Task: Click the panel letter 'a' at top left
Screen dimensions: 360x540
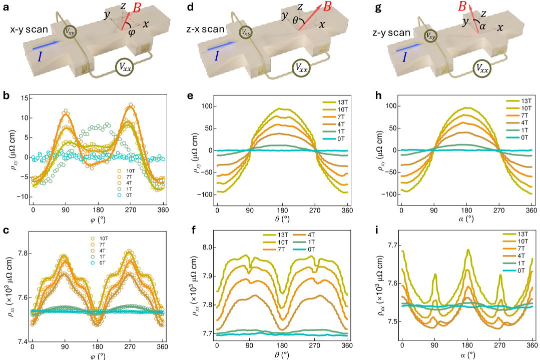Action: tap(6, 6)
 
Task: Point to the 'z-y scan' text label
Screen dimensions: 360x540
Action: tap(392, 32)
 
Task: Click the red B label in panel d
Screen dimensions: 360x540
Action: tap(327, 6)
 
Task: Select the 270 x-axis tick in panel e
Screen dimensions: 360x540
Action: tap(315, 211)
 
